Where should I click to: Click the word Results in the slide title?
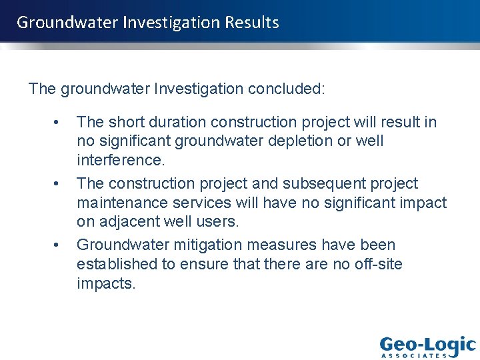coord(252,22)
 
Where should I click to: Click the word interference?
coord(120,160)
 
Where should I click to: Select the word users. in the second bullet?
coord(218,221)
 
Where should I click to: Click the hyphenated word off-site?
coord(379,264)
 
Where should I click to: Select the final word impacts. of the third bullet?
coord(106,283)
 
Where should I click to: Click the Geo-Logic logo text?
coord(427,345)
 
